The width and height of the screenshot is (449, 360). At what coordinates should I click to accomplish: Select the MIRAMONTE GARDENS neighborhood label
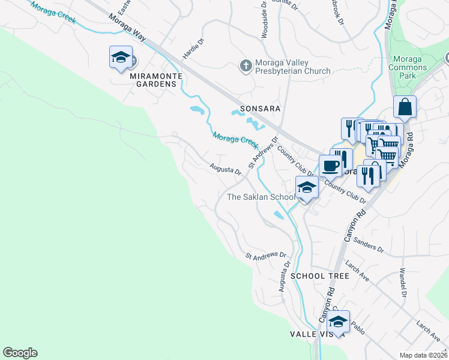[153, 79]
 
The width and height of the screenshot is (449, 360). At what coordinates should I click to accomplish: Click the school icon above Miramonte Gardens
[121, 58]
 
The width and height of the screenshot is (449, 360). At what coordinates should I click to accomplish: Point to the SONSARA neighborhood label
[261, 108]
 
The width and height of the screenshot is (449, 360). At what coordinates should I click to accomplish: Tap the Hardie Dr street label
[193, 48]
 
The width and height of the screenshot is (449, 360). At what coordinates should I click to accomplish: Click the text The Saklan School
[261, 197]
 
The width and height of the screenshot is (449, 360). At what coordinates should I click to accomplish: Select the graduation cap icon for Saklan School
[306, 187]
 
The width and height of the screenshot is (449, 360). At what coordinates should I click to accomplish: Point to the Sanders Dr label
[369, 245]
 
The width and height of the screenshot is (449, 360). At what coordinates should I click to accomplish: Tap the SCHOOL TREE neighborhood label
[319, 276]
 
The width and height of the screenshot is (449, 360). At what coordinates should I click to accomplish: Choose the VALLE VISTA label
[316, 334]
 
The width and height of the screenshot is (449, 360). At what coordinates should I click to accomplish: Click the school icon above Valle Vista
[338, 322]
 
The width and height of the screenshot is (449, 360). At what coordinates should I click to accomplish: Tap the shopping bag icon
[405, 107]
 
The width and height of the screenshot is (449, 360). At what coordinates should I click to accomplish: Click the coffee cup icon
[330, 164]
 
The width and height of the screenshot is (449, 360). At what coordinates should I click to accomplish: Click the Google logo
[20, 353]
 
